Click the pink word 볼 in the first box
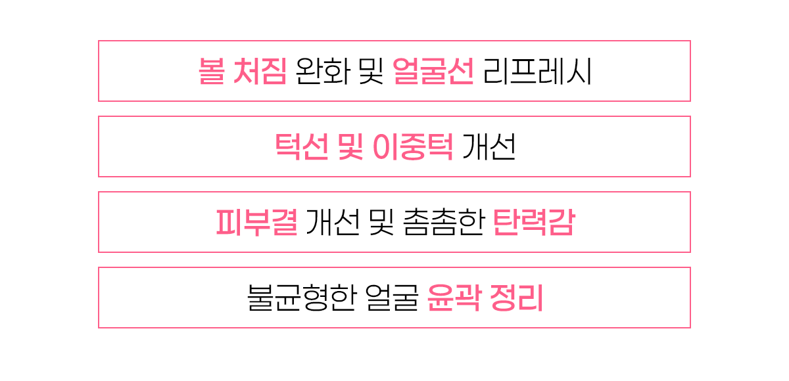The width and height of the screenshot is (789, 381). (210, 72)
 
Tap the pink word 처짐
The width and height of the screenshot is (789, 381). (259, 72)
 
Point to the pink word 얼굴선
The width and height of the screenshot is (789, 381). (433, 72)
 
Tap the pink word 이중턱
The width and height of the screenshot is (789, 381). (412, 147)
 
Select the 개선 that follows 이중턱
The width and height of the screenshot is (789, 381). (489, 147)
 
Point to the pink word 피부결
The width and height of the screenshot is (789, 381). (256, 223)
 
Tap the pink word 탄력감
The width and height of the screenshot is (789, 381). (533, 223)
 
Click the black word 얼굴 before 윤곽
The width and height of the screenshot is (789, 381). (391, 298)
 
